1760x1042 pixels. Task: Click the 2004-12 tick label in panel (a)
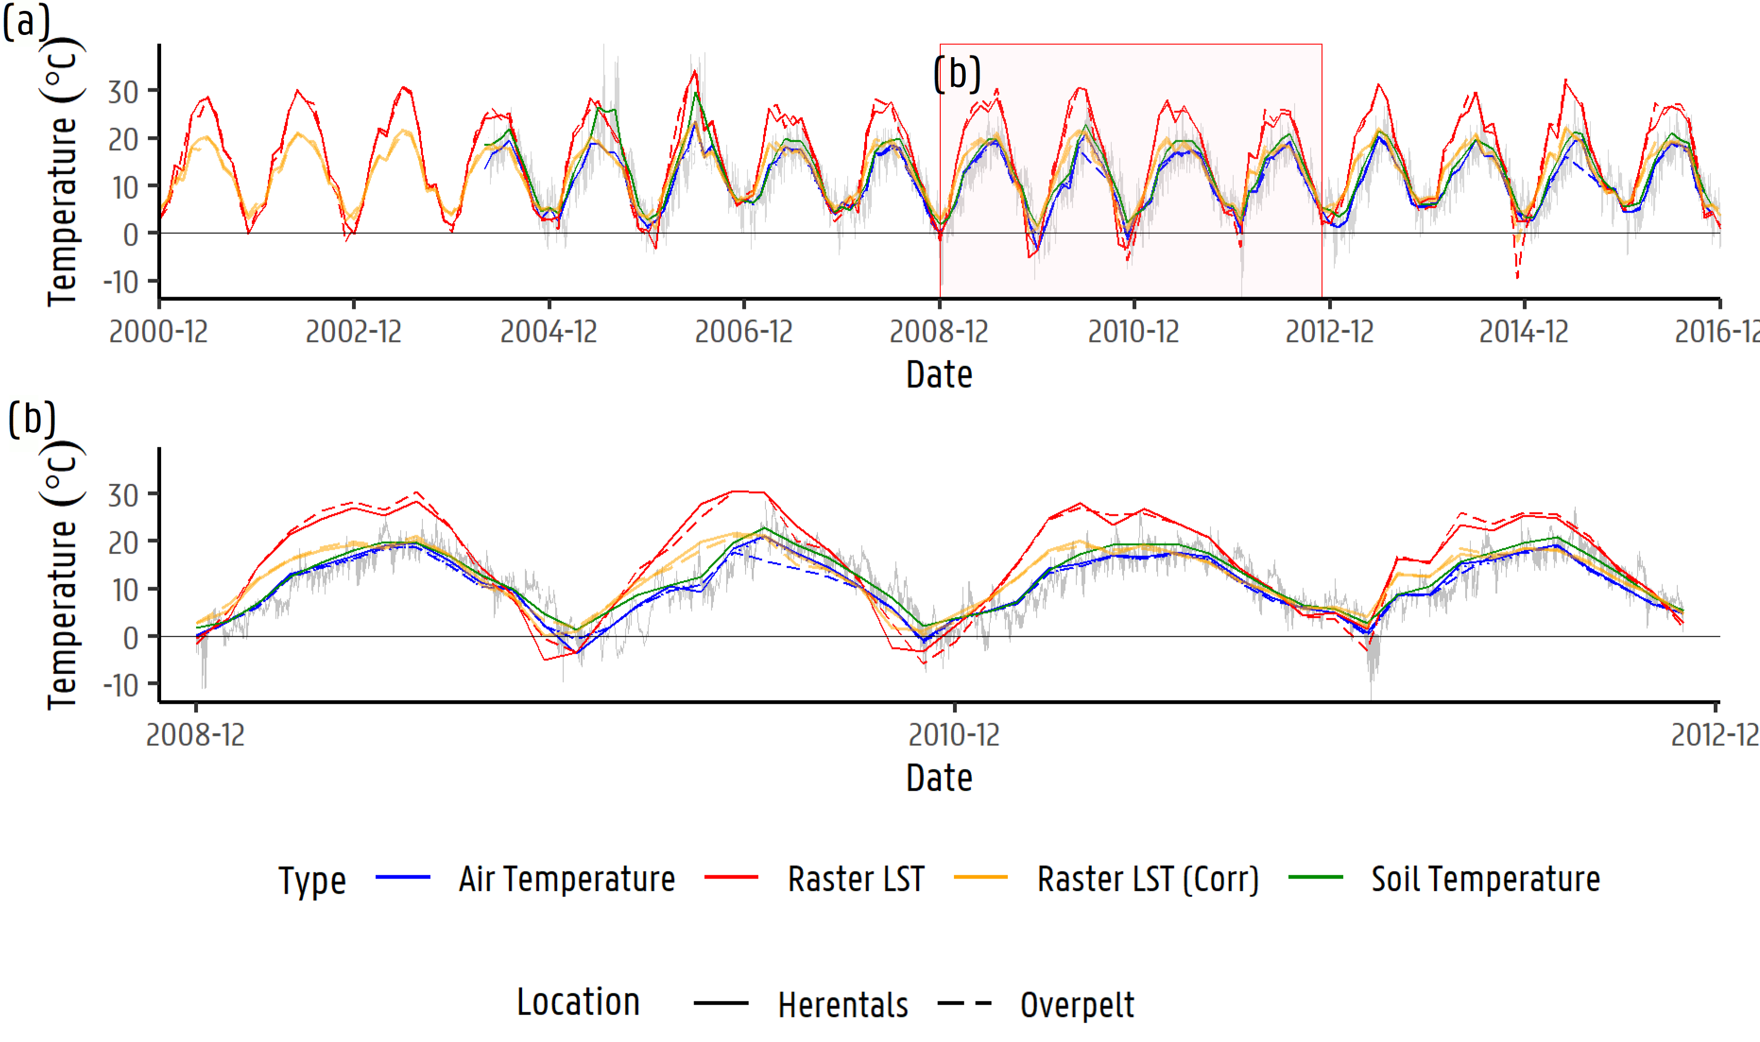point(549,332)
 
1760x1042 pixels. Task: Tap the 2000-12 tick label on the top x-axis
point(159,332)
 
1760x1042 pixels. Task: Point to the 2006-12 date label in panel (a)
point(744,332)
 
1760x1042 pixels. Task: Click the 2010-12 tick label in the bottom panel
point(954,735)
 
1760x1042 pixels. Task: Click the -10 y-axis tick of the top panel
point(121,282)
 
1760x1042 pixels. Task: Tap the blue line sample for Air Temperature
point(403,878)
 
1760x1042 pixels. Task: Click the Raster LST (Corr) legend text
point(1148,879)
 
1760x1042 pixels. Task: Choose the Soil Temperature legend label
point(1485,879)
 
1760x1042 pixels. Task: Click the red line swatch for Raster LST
point(731,878)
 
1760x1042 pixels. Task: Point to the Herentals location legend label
point(843,1005)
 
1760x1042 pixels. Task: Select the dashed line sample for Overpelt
point(964,1003)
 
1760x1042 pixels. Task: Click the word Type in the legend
point(312,880)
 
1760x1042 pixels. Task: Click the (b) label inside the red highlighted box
point(957,74)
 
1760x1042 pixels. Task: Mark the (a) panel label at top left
point(26,22)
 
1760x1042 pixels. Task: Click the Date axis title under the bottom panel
point(939,778)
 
